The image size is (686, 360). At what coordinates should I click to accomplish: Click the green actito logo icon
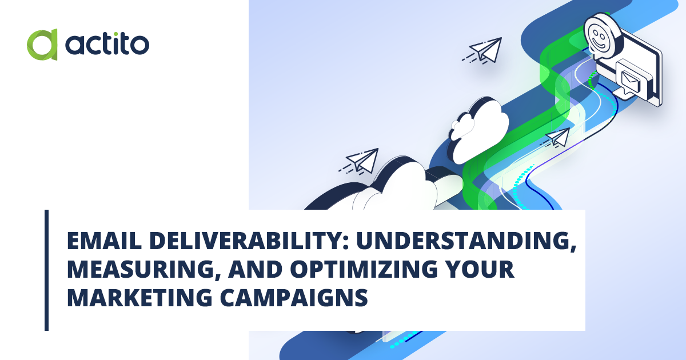pyautogui.click(x=42, y=45)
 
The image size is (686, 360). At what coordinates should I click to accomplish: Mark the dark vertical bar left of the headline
pyautogui.click(x=46, y=270)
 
